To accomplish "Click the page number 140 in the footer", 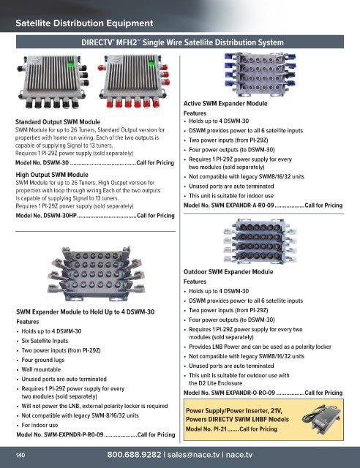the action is click(20, 455).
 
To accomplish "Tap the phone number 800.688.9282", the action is click(134, 455).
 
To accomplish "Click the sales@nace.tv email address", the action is click(193, 455).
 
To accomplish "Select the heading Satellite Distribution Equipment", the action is click(84, 23).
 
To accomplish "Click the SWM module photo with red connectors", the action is click(134, 81).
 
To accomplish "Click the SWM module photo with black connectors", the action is click(53, 81).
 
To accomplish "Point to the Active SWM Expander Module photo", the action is click(260, 74).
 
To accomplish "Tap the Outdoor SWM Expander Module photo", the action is click(260, 241).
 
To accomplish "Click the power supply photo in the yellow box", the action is click(321, 418).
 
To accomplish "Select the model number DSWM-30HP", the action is click(60, 216).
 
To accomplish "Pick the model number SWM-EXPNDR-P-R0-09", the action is click(73, 434).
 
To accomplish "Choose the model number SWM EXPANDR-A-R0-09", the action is click(242, 205).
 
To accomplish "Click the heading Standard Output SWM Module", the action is click(58, 122).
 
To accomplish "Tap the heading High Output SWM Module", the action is click(52, 175).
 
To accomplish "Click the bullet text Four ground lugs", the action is click(43, 360).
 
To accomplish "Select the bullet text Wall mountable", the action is click(41, 369).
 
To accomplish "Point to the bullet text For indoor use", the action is click(40, 425).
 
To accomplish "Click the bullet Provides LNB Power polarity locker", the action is click(260, 347).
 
